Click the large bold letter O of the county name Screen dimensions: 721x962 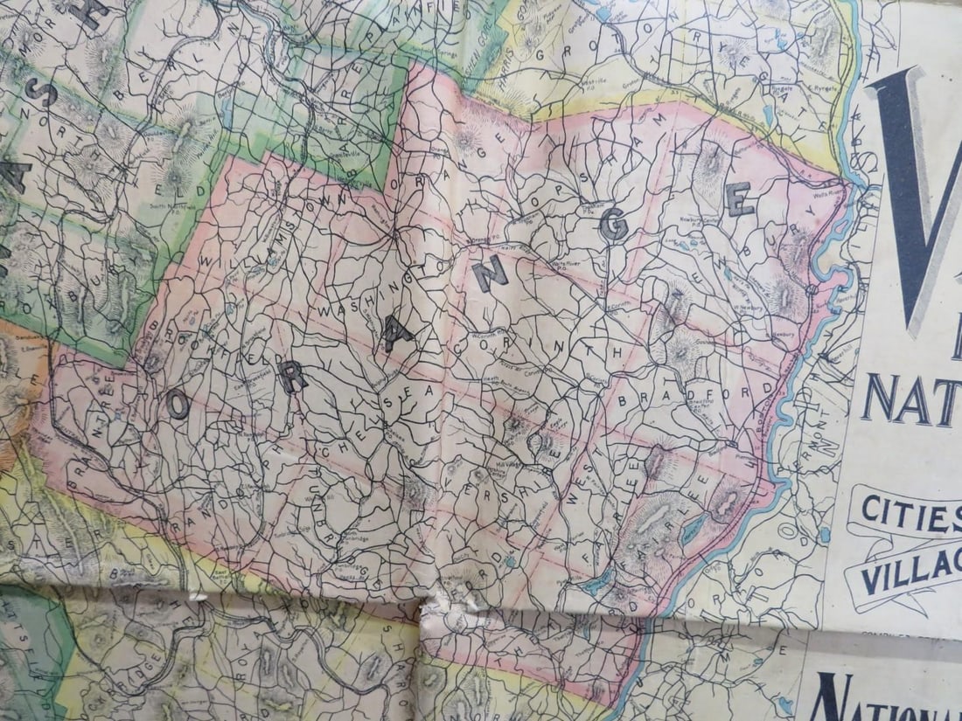pyautogui.click(x=178, y=403)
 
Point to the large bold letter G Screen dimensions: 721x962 pyautogui.click(x=613, y=226)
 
